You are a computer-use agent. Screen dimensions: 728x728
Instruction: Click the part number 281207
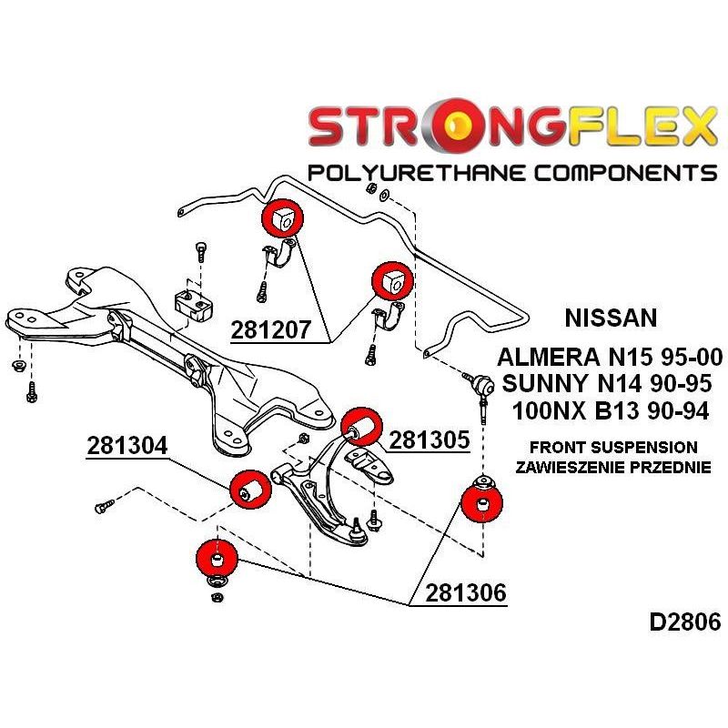click(x=270, y=330)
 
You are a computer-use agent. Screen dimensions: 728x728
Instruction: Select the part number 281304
click(x=126, y=446)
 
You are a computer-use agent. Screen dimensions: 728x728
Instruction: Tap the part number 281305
click(x=430, y=440)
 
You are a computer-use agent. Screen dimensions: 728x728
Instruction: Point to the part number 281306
click(x=466, y=593)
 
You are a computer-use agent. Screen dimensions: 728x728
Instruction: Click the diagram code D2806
click(x=685, y=622)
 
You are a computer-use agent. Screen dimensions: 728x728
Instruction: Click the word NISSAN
click(x=611, y=318)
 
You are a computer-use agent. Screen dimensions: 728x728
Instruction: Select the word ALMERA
click(x=549, y=358)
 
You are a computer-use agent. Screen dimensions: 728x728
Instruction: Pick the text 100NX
click(x=550, y=411)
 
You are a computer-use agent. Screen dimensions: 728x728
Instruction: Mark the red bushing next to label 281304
click(x=251, y=490)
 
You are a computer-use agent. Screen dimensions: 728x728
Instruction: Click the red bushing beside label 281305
click(x=361, y=427)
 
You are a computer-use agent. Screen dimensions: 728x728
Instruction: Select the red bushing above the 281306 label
click(x=482, y=503)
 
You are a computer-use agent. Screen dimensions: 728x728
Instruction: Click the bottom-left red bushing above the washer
click(x=217, y=560)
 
